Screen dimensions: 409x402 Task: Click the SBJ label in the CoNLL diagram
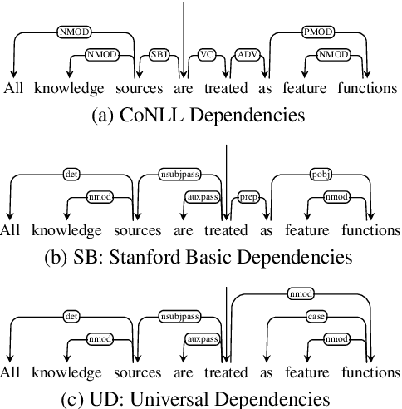point(159,55)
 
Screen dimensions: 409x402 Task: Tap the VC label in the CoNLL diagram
point(206,55)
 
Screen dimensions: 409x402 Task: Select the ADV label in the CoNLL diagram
point(246,55)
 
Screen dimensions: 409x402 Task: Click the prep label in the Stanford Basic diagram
point(246,198)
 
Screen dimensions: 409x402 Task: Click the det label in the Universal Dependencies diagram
point(71,317)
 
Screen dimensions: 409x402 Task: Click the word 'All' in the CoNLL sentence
point(14,87)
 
